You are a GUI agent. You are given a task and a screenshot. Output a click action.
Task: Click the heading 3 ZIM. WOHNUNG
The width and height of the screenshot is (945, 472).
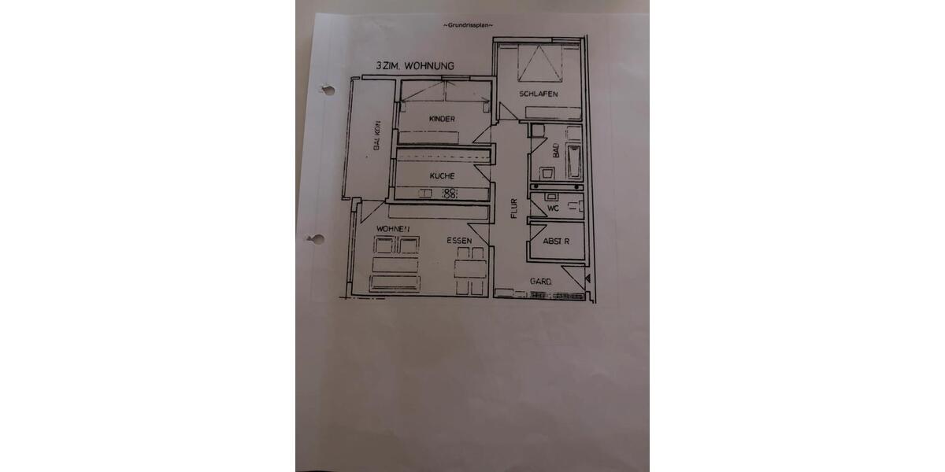pyautogui.click(x=414, y=68)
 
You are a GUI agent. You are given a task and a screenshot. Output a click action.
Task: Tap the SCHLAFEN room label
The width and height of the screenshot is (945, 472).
pyautogui.click(x=539, y=94)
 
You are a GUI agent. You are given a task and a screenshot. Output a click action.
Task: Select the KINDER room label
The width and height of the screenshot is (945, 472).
pyautogui.click(x=442, y=119)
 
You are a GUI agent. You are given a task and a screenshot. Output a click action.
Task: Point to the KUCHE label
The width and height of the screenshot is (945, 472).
pyautogui.click(x=442, y=176)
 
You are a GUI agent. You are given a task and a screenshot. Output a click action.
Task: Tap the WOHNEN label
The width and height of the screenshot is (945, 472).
pyautogui.click(x=395, y=229)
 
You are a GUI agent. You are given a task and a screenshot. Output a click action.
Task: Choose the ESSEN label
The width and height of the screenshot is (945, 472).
pyautogui.click(x=459, y=241)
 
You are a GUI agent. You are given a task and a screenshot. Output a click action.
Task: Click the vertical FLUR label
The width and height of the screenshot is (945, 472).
pyautogui.click(x=513, y=207)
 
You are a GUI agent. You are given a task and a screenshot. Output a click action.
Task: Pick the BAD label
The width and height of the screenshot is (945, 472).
pyautogui.click(x=556, y=150)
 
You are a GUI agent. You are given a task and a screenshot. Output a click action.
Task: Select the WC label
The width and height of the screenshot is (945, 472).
pyautogui.click(x=553, y=208)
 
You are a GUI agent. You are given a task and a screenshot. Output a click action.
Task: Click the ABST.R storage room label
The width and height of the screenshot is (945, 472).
pyautogui.click(x=556, y=242)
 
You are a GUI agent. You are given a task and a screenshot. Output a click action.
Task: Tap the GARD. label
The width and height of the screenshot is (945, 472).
pyautogui.click(x=540, y=282)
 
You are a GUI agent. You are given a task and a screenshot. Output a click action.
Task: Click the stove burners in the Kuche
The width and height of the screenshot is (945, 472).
pyautogui.click(x=450, y=193)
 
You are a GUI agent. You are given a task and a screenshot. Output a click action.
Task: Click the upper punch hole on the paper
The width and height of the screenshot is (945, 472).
pyautogui.click(x=321, y=89)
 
